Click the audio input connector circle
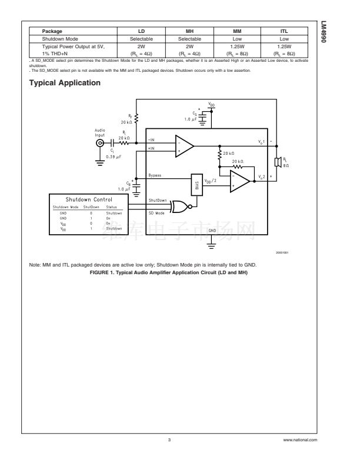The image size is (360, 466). (101, 143)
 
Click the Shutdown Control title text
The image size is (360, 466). (90, 200)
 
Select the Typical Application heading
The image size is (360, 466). (65, 83)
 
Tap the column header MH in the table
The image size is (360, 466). (190, 31)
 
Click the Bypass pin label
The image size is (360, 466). (156, 176)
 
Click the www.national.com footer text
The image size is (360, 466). (299, 440)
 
